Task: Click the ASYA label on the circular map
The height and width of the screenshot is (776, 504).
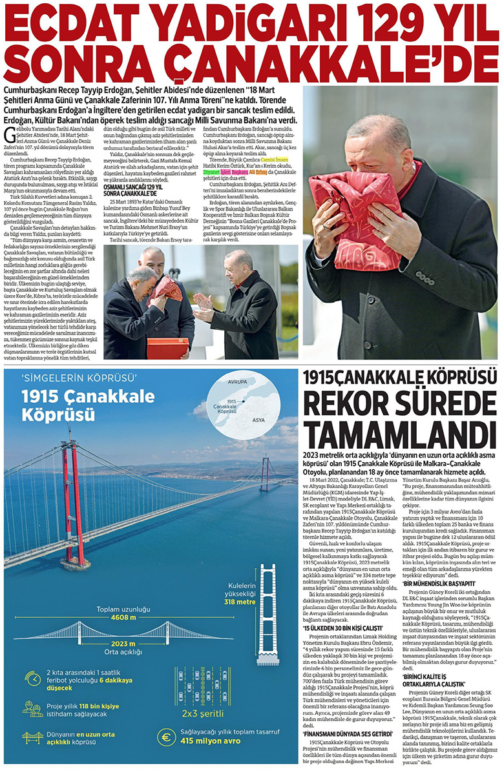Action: [258, 420]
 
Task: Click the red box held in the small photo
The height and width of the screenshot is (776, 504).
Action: [167, 348]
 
